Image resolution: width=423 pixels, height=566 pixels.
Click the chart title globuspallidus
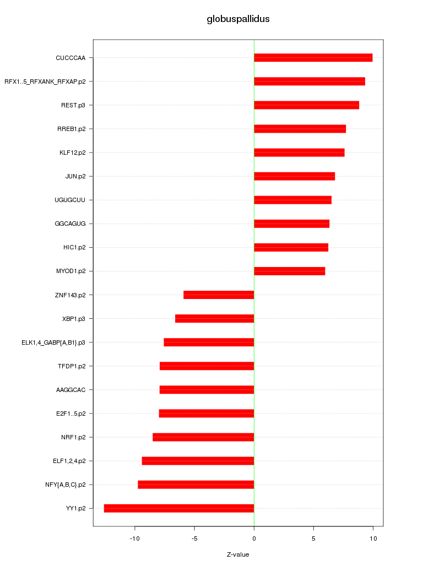tap(238, 19)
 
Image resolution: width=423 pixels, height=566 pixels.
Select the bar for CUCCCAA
tap(313, 58)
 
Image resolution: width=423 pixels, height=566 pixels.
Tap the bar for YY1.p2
tap(179, 508)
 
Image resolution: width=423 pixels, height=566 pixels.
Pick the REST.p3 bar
tap(306, 105)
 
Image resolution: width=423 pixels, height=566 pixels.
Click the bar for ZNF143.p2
tap(219, 295)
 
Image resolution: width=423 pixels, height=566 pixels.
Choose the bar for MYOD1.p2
tap(289, 271)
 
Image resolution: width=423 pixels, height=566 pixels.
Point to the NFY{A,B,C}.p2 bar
tap(196, 485)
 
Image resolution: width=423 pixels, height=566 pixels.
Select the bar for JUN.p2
tap(294, 176)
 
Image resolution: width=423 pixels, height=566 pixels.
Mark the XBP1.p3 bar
tap(214, 319)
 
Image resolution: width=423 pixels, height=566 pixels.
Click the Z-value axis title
tap(238, 554)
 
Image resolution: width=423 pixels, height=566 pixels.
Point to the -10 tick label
tap(135, 538)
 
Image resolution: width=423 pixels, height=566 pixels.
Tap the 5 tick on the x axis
tap(313, 538)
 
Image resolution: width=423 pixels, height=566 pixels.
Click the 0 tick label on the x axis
tap(254, 538)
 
